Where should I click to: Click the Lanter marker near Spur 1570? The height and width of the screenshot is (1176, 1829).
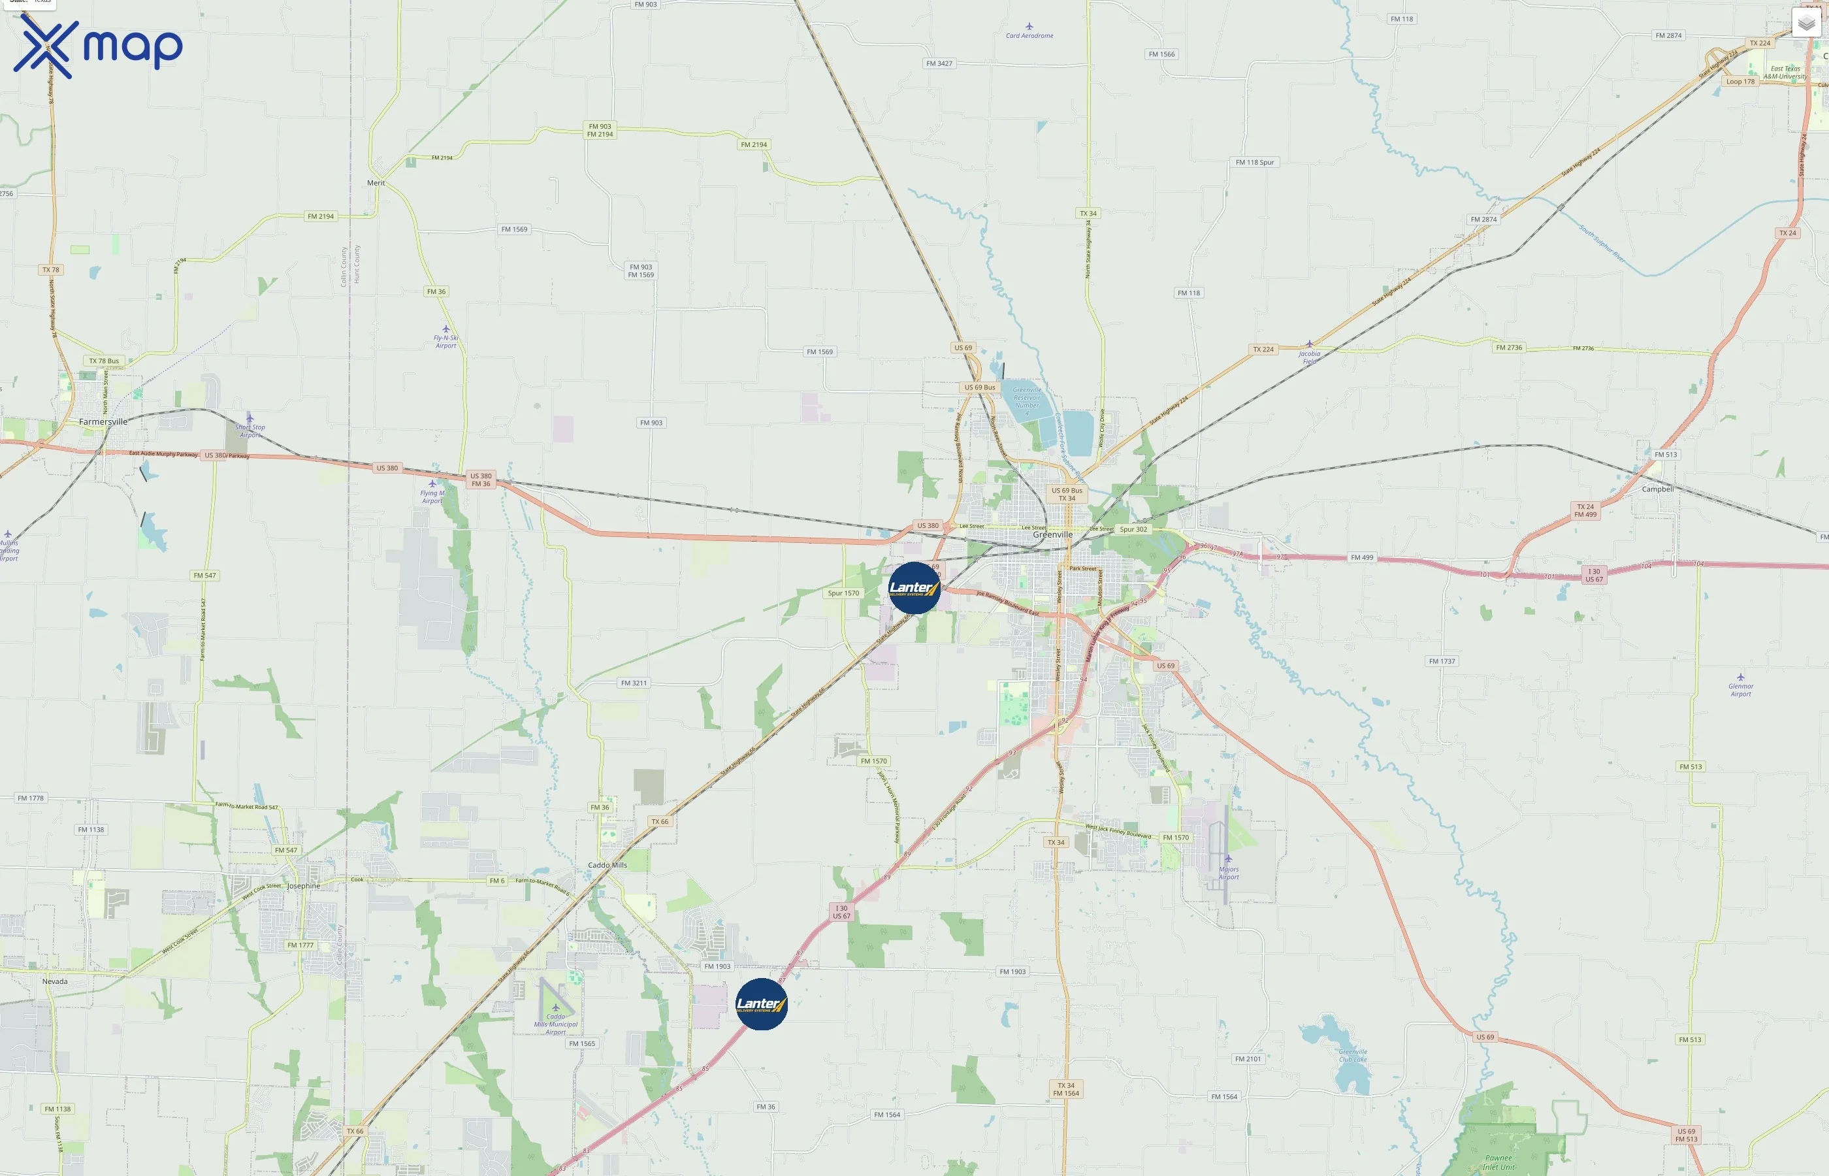click(914, 588)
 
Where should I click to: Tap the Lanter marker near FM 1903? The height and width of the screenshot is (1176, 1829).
click(761, 1004)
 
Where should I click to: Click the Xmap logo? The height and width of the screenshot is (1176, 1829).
click(98, 47)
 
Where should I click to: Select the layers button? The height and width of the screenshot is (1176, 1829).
click(1806, 24)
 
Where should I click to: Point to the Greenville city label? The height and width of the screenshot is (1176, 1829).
click(1053, 535)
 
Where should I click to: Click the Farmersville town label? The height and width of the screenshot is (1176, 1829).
click(103, 421)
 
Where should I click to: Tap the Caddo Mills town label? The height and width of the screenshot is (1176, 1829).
click(607, 865)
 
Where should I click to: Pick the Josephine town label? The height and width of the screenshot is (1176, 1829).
click(303, 886)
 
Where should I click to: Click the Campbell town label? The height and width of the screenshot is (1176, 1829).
click(1657, 489)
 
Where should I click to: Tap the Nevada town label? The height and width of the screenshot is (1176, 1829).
click(55, 981)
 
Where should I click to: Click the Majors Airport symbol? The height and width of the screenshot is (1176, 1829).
click(1228, 859)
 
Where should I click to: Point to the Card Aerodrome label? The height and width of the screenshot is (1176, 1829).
click(1029, 36)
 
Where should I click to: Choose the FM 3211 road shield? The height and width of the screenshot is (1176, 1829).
click(634, 683)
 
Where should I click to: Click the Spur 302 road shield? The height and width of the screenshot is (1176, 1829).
click(1133, 529)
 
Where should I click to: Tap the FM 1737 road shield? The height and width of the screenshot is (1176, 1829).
click(1442, 661)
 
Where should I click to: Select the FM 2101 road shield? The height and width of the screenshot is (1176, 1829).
click(1248, 1059)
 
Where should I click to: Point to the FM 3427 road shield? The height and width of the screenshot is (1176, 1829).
click(939, 63)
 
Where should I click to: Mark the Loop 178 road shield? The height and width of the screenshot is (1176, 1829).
click(1740, 82)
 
